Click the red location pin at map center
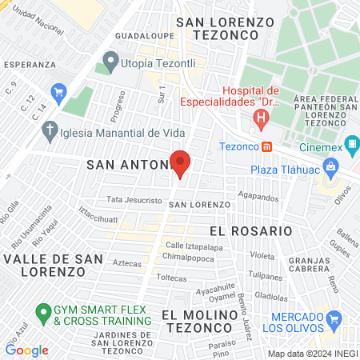click(x=180, y=163)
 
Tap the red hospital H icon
click(x=260, y=120)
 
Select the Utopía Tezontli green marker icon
click(x=110, y=61)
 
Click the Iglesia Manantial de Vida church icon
click(x=50, y=130)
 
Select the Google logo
click(x=27, y=350)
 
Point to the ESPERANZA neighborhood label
click(x=29, y=64)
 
